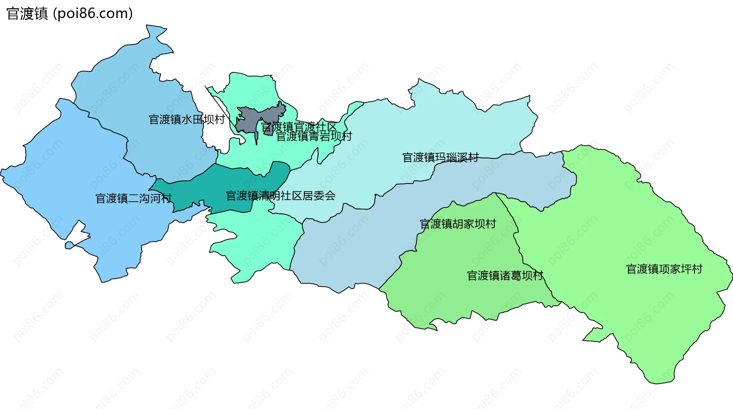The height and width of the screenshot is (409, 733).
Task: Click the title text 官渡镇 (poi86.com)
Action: click(69, 14)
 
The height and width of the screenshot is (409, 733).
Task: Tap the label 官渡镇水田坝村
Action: click(186, 119)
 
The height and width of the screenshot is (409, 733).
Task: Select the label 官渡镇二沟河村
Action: click(133, 198)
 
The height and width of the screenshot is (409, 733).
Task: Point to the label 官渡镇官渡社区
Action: click(299, 127)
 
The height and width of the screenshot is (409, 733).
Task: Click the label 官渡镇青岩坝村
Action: click(314, 136)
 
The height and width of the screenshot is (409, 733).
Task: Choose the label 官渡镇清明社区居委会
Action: click(280, 196)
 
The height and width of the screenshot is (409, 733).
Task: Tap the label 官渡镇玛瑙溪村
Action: click(440, 157)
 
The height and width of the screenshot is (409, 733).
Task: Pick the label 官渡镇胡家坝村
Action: click(458, 224)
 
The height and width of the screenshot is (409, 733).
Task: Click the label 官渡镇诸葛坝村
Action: click(505, 275)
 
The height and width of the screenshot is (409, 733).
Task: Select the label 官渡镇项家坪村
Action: click(664, 269)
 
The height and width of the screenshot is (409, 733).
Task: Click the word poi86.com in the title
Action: click(93, 14)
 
